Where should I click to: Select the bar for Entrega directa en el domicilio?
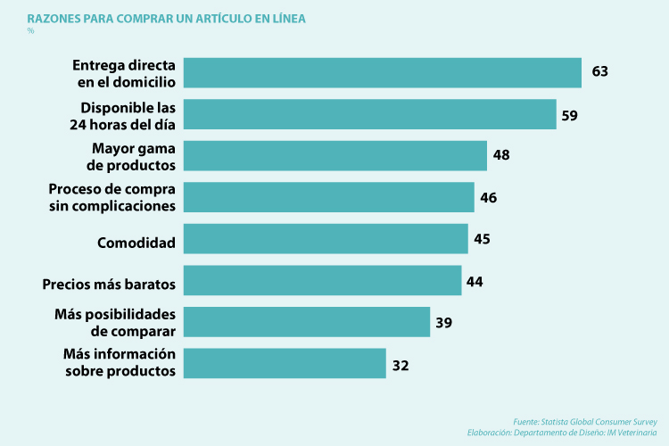tap(383, 72)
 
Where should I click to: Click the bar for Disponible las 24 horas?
tap(370, 114)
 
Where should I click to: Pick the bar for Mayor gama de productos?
tap(335, 155)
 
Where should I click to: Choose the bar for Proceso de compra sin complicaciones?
tap(329, 197)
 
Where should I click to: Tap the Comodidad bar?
tap(326, 239)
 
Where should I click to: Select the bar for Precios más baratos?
tap(323, 280)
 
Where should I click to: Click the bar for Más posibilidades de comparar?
tap(307, 322)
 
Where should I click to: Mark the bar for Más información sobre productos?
tap(285, 363)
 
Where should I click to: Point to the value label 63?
tap(599, 71)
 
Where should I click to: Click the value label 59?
tap(570, 114)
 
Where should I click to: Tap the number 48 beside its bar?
tap(501, 155)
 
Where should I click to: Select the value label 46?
tap(488, 197)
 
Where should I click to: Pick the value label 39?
tap(443, 322)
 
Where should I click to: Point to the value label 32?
tap(400, 364)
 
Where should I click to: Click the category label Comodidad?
tap(136, 242)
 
